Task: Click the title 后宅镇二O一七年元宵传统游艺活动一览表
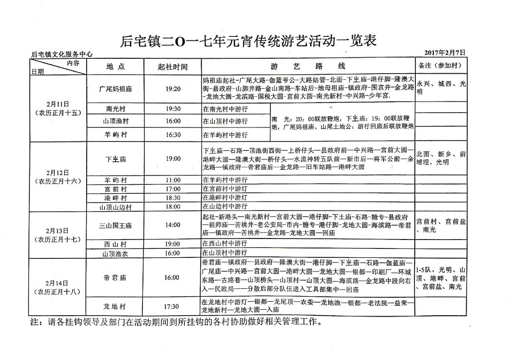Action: pyautogui.click(x=248, y=40)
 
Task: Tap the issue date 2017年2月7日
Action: pyautogui.click(x=445, y=53)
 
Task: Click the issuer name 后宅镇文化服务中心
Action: pyautogui.click(x=62, y=54)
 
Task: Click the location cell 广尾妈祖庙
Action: pyautogui.click(x=116, y=89)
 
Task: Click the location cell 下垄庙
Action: pyautogui.click(x=116, y=159)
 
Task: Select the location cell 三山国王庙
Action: pyautogui.click(x=116, y=225)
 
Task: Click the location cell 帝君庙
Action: pyautogui.click(x=116, y=278)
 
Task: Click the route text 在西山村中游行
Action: pyautogui.click(x=225, y=244)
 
